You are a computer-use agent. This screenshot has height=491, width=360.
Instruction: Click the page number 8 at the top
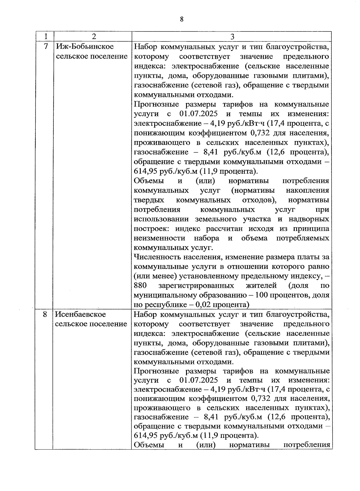coord(181,20)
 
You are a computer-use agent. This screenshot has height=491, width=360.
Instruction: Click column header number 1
coord(46,37)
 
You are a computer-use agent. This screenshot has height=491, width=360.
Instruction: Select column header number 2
coord(94,37)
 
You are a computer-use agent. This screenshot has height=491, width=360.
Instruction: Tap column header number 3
coord(232,37)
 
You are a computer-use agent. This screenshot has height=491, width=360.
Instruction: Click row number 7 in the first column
coord(46,47)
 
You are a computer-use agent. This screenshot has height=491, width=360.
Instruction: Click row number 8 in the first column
coord(45,315)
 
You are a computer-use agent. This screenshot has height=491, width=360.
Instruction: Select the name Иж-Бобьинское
coord(85,47)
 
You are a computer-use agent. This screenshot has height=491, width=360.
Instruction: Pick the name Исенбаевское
coord(81,315)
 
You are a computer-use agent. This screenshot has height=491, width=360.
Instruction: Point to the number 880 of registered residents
coord(140,285)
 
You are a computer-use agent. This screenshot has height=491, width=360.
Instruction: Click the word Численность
coord(154,257)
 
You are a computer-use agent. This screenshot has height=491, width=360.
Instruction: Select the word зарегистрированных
coord(196,285)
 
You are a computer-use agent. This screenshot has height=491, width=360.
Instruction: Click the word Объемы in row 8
coord(149,445)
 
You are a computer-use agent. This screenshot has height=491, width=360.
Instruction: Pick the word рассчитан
coord(225,229)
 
